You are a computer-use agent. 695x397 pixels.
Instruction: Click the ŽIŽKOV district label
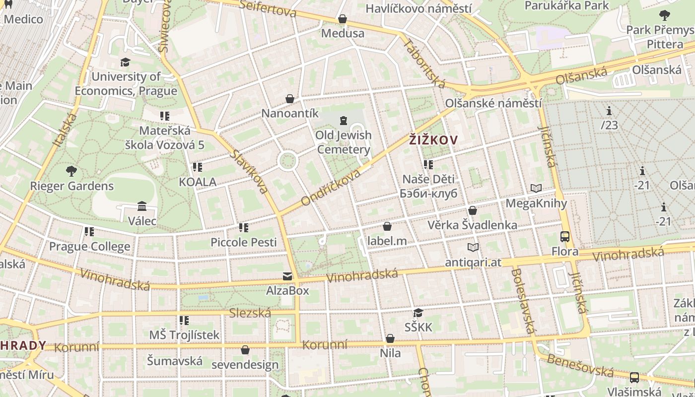[433, 140]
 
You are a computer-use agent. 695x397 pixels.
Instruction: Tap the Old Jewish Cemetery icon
[343, 120]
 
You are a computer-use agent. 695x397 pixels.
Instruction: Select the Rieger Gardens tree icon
[71, 171]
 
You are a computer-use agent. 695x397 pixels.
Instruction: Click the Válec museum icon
[142, 206]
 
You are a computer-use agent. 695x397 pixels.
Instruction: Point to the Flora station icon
[565, 236]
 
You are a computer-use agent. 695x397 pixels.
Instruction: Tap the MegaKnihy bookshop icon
[536, 188]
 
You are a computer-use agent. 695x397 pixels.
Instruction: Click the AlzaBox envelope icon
[287, 276]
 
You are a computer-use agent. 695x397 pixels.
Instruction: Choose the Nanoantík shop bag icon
[290, 99]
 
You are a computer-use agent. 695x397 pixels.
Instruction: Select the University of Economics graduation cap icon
[125, 62]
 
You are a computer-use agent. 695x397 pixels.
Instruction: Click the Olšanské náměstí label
[493, 104]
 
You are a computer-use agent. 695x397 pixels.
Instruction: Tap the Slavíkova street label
[249, 171]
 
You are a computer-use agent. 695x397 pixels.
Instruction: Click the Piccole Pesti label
[244, 242]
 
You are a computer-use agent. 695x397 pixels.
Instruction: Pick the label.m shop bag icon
[387, 226]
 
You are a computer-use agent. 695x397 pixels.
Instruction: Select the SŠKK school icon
[418, 313]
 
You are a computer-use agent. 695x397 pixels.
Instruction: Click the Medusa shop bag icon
[343, 19]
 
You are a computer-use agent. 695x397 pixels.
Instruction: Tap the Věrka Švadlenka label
[473, 225]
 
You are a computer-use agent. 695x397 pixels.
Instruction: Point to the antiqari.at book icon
[473, 247]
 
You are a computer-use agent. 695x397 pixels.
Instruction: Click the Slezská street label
[250, 313]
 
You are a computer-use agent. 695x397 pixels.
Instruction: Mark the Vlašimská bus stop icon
[634, 377]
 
